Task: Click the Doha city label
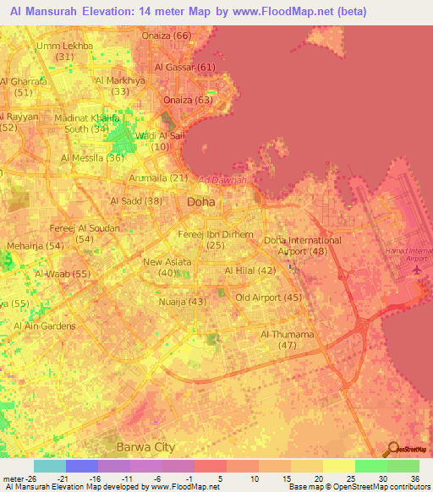click(x=200, y=203)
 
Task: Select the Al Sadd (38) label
click(x=136, y=200)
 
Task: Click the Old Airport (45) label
click(x=268, y=298)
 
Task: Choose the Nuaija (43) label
click(x=183, y=302)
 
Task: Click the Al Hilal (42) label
click(x=250, y=271)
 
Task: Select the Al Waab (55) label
click(x=63, y=275)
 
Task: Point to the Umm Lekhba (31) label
click(x=64, y=51)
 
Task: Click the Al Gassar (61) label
click(x=185, y=67)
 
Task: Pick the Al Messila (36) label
click(x=93, y=158)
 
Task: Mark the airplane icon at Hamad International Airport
click(x=417, y=269)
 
